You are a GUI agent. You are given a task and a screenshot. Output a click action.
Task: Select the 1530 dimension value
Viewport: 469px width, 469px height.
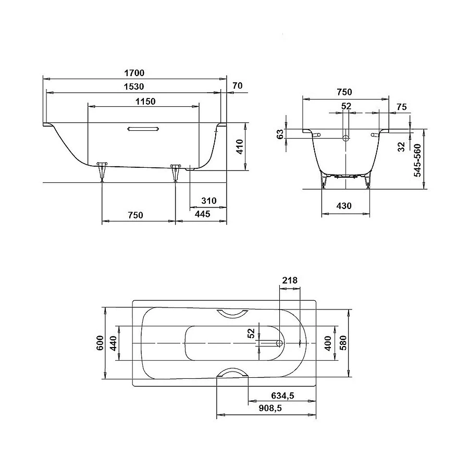(133, 87)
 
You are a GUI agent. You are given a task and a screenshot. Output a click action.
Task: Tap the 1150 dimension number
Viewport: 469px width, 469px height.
(144, 101)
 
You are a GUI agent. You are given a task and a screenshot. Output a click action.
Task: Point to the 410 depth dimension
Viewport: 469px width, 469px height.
(239, 147)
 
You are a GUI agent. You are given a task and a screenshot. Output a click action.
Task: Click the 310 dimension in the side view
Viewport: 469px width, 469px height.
(208, 201)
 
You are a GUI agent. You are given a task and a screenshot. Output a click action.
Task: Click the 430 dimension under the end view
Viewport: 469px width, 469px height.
(344, 206)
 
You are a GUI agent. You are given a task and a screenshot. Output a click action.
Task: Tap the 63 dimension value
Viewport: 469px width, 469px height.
(280, 134)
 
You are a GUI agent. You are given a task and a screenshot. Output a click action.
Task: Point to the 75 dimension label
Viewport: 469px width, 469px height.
(401, 107)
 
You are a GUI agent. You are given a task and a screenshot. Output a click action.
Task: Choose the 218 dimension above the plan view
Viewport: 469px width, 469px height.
(289, 280)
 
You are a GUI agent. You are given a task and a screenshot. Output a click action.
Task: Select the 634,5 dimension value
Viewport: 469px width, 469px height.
(283, 396)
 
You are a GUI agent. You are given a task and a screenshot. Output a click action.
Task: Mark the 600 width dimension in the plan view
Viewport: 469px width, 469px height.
(100, 343)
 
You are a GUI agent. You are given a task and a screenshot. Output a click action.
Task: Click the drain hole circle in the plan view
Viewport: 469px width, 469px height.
(279, 343)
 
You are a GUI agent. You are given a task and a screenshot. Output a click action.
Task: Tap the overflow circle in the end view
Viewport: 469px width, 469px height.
(345, 138)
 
